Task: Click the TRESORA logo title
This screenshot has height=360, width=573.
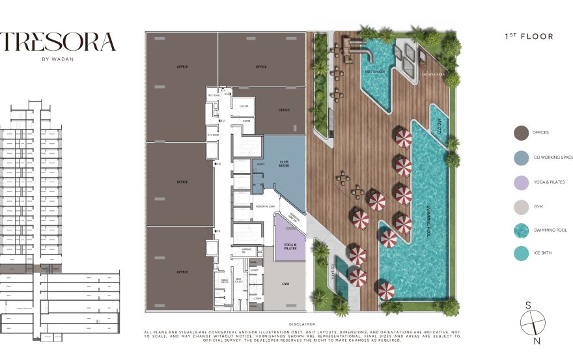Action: pos(58,42)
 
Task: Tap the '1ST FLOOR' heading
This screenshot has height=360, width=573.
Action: pos(529,37)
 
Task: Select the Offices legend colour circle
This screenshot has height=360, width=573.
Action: pos(521,133)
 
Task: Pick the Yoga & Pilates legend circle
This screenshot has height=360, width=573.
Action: pos(521,182)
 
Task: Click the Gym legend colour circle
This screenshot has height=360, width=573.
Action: pos(521,207)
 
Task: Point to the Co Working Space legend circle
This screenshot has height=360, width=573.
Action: pos(521,158)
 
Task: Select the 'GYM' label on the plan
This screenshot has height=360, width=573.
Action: pos(285,284)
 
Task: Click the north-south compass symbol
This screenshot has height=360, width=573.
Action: pos(532,322)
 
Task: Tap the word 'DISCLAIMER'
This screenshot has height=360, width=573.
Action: pos(301,324)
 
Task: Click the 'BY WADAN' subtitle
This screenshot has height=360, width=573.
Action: pos(58,64)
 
